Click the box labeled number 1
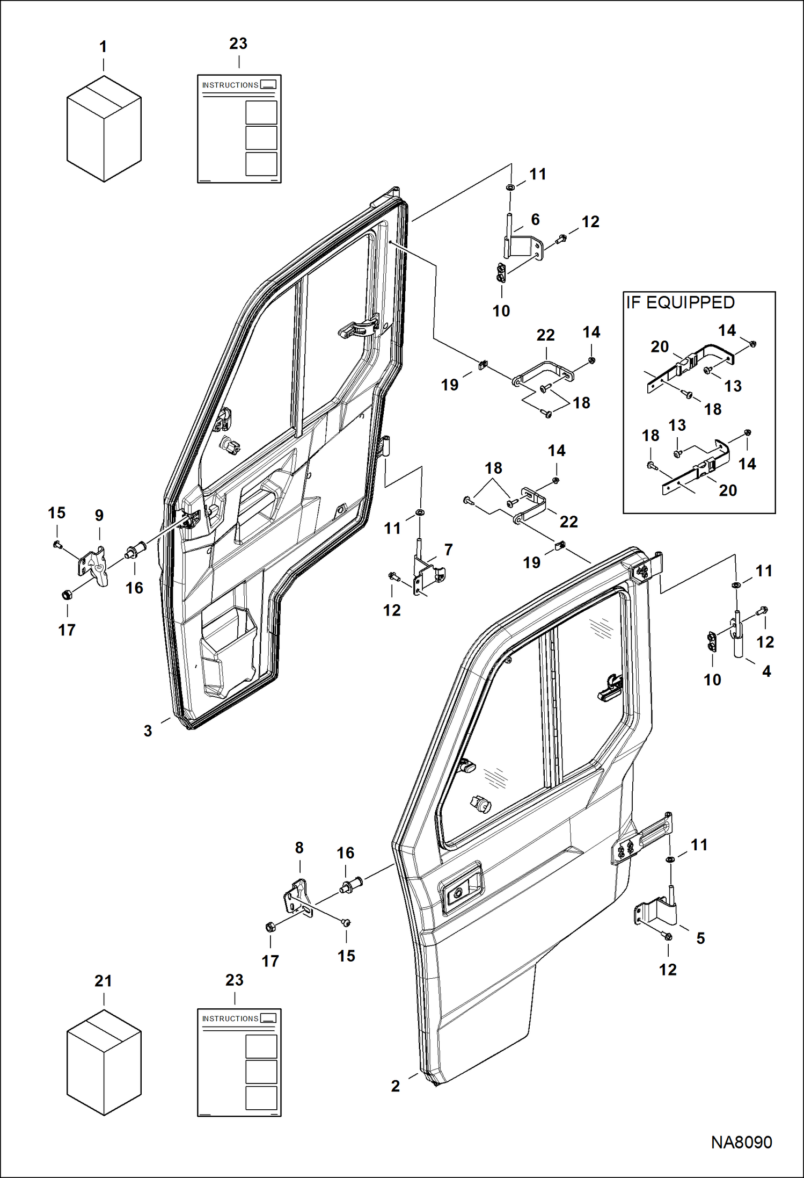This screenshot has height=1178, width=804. coord(104,129)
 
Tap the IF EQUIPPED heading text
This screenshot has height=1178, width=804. coord(680,303)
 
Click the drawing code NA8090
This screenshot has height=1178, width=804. coord(741,1142)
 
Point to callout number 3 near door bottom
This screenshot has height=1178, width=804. coord(148,731)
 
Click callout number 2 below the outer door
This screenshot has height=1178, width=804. coord(396,1086)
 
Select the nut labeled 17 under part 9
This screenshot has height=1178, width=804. coord(67,595)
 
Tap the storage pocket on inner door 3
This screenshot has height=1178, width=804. coord(228,653)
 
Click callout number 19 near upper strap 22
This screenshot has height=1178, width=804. coord(450,385)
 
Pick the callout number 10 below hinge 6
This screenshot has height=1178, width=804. coord(501,310)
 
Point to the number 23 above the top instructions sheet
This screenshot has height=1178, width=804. coord(238,44)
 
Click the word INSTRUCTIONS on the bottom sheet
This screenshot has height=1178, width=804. coord(230,1018)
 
